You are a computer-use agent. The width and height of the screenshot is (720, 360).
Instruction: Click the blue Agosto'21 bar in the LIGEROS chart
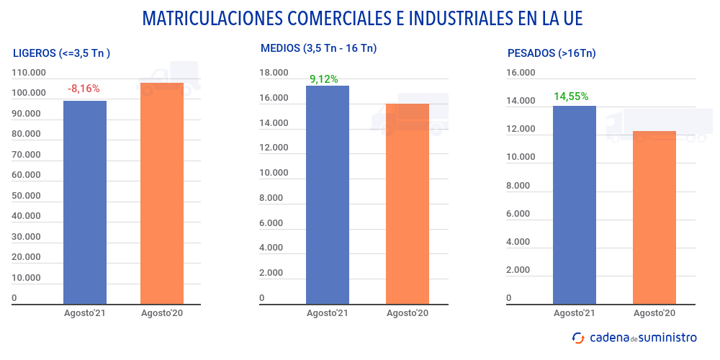point(85,202)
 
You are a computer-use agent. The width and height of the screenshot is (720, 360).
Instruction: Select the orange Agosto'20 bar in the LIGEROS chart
point(162,194)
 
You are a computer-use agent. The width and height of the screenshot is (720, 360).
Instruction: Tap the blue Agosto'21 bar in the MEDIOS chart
point(328,194)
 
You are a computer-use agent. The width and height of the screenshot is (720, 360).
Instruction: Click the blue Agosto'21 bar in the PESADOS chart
point(575,204)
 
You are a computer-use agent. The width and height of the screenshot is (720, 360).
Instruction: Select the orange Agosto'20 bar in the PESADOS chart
point(654,217)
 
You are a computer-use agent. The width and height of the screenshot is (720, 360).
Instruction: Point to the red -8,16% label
point(84,89)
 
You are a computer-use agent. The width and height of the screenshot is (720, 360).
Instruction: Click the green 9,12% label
point(324,79)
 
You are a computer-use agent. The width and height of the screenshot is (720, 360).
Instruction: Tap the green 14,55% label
point(571,96)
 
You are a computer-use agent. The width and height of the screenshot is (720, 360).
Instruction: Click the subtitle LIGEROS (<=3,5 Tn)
point(61,53)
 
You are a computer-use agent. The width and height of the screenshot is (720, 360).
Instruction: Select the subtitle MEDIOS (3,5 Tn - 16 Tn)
point(318,48)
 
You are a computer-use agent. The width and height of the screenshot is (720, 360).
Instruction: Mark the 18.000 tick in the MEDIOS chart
point(274,73)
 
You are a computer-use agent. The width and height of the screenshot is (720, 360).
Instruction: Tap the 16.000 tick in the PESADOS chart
point(521,73)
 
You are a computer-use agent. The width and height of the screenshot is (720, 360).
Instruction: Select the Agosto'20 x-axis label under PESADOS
point(654,313)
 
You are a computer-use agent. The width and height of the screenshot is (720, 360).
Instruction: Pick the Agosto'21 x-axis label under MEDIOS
point(328,313)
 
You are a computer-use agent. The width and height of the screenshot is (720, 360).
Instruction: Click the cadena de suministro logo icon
point(577,337)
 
